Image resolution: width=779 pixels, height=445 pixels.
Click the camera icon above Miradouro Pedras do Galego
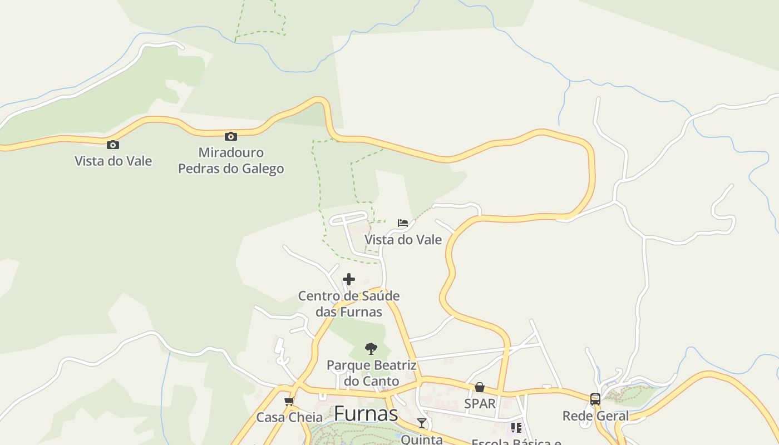pos(230,136)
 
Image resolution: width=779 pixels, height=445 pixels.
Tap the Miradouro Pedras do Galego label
pos(231,160)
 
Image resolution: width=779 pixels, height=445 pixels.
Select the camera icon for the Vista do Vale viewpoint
pos(113,145)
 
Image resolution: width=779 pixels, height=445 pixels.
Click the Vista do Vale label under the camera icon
pos(114,161)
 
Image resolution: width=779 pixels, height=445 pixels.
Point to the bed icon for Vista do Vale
pos(403,223)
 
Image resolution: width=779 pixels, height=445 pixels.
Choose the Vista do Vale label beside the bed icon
pos(403,240)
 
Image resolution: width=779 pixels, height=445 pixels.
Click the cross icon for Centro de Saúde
pos(349,279)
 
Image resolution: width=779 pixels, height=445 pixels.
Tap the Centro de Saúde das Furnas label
pos(349,304)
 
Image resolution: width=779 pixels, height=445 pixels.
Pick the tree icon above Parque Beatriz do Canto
pos(371,349)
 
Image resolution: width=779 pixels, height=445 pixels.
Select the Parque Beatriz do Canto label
pos(371,373)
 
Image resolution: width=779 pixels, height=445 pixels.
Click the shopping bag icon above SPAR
pos(480,387)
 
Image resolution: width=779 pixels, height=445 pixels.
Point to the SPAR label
pos(480,403)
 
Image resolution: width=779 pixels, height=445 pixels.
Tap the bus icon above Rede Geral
pos(595,399)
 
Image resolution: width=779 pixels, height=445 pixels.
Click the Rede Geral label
pos(595,416)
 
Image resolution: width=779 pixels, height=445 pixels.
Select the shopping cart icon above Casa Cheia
pos(289,401)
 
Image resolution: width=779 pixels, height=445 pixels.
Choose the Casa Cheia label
pos(289,417)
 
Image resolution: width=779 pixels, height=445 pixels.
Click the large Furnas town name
pos(366,414)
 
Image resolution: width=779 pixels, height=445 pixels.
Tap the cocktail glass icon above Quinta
pos(422,423)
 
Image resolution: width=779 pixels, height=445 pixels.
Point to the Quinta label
pos(422,439)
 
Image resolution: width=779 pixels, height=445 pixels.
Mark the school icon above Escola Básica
pos(516,427)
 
